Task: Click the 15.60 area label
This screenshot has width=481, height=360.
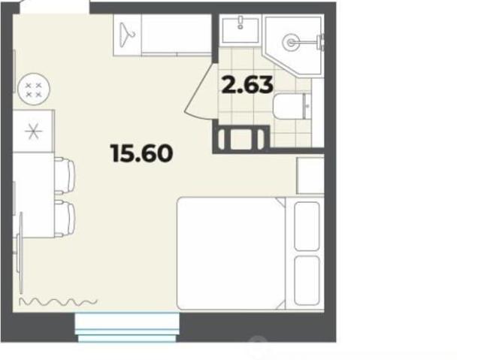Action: pyautogui.click(x=142, y=153)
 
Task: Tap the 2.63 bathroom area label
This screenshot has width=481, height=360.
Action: pyautogui.click(x=247, y=85)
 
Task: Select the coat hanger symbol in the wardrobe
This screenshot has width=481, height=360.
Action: pyautogui.click(x=127, y=35)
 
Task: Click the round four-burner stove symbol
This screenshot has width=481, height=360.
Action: pyautogui.click(x=34, y=89)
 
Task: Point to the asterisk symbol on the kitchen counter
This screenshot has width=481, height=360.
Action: pyautogui.click(x=33, y=132)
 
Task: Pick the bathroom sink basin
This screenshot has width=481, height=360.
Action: pyautogui.click(x=240, y=30)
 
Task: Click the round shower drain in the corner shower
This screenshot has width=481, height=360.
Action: pyautogui.click(x=291, y=42)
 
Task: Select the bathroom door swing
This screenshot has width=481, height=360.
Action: pyautogui.click(x=200, y=90)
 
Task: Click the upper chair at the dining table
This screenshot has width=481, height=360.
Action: pyautogui.click(x=65, y=176)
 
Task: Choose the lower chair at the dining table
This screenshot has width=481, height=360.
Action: pyautogui.click(x=65, y=219)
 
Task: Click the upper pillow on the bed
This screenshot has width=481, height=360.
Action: pyautogui.click(x=307, y=226)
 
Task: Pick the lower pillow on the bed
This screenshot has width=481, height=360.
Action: pyautogui.click(x=307, y=280)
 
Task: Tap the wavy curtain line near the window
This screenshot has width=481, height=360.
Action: pyautogui.click(x=58, y=301)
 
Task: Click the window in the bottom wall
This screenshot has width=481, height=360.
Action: pyautogui.click(x=127, y=327)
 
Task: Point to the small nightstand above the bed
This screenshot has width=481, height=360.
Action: pyautogui.click(x=310, y=175)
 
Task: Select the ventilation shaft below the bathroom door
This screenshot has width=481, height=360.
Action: pyautogui.click(x=241, y=140)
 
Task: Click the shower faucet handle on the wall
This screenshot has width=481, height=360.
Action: pyautogui.click(x=321, y=42)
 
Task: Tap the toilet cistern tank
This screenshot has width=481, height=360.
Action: pyautogui.click(x=307, y=107)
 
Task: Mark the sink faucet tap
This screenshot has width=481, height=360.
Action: pyautogui.click(x=240, y=23)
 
